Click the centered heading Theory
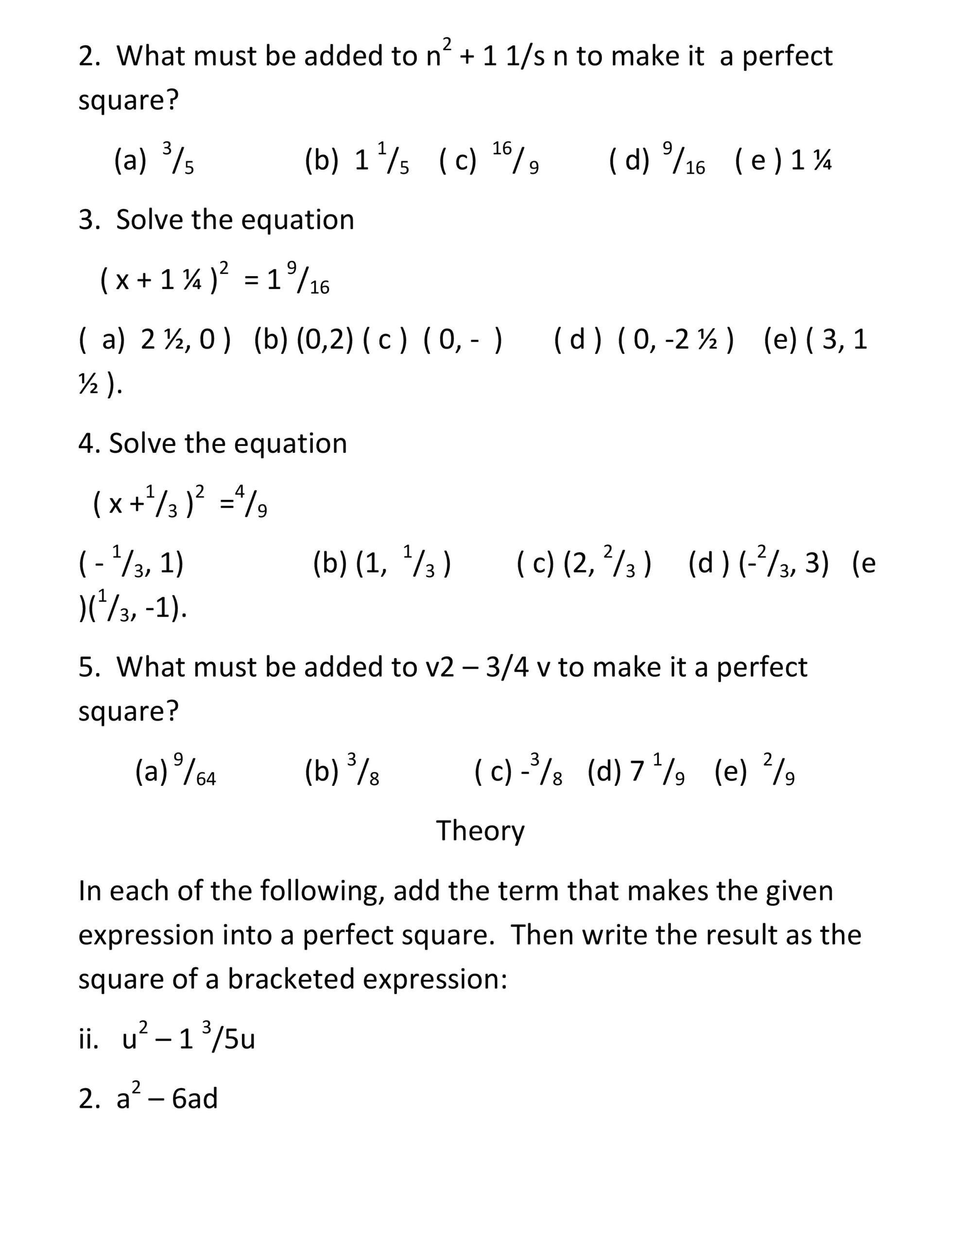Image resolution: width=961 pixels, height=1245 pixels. [480, 831]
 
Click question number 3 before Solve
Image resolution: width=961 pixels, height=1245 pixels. [89, 219]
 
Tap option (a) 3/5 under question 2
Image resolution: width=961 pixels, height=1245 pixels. [154, 160]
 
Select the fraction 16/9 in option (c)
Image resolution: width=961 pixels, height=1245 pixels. [515, 159]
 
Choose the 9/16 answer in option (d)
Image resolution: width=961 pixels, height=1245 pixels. [684, 160]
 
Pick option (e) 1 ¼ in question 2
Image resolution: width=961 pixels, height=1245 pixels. [784, 160]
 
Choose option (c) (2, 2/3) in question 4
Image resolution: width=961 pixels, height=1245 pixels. [584, 564]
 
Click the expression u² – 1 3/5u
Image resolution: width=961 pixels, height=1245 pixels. [188, 1039]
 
